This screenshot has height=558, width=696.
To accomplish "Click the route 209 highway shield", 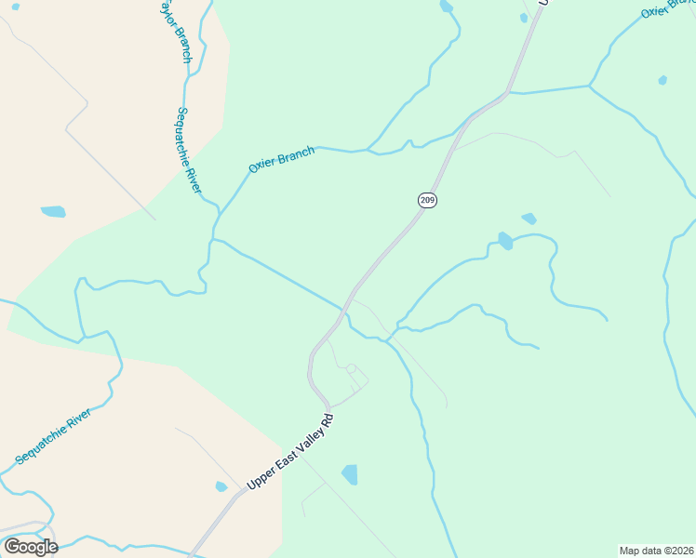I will coord(427,200).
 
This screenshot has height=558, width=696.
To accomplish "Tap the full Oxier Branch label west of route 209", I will coord(281,160).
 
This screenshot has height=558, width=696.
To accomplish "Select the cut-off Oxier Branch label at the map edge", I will coord(667,8).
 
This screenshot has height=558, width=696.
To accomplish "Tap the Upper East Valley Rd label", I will coord(289,453).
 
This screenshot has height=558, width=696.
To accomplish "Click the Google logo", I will coord(31,547).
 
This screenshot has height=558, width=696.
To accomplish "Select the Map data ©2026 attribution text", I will coord(657,551).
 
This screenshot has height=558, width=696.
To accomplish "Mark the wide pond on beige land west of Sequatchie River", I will coord(53,212).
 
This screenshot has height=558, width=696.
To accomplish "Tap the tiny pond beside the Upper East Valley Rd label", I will coord(221,486).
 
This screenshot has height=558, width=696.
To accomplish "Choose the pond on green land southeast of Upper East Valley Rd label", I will coord(350,474).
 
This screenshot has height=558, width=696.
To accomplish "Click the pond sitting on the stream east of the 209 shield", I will coord(504,241).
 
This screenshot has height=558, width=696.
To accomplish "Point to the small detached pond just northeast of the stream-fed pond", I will coord(529,219).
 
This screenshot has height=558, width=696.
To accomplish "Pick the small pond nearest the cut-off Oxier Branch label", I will coord(663,80).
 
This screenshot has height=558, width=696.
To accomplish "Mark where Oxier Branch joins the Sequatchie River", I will coord(216,219).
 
